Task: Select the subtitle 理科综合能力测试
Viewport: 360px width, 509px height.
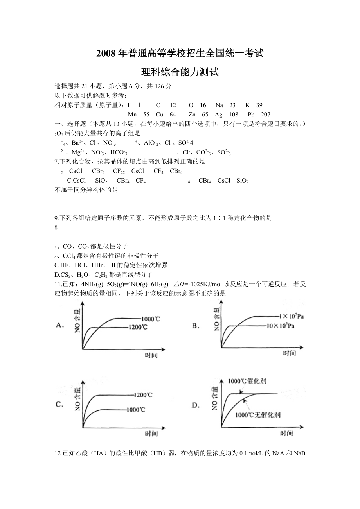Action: point(180,72)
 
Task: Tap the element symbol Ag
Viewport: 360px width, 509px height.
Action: point(218,115)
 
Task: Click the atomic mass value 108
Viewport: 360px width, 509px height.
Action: point(233,115)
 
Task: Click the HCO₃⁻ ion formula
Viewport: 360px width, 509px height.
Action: point(117,152)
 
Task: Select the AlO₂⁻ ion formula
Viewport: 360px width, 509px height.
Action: point(151,143)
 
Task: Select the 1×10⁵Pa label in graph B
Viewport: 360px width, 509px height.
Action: point(291,316)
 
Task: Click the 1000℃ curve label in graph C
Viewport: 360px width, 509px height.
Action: point(136,410)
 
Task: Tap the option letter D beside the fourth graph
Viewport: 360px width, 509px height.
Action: point(196,405)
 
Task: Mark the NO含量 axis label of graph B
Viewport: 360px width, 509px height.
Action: point(216,319)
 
